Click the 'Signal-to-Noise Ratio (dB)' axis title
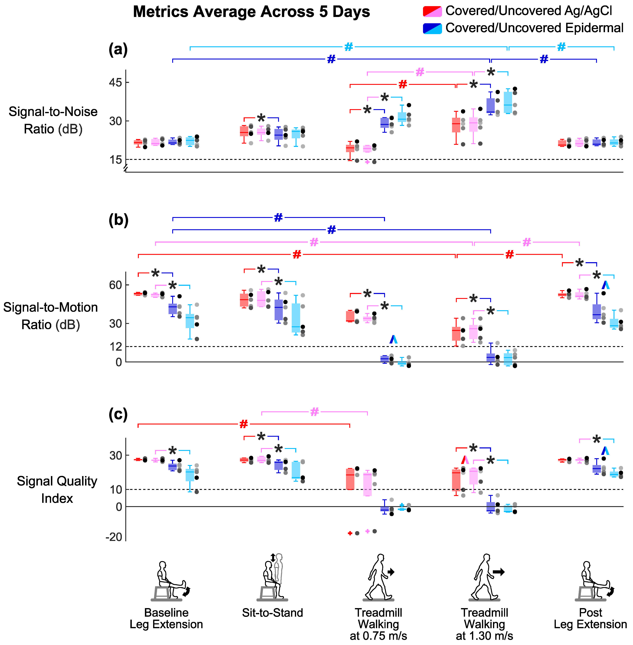(x=53, y=120)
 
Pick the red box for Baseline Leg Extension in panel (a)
(x=138, y=142)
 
